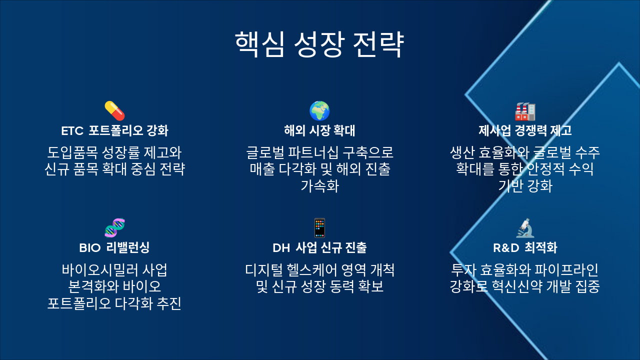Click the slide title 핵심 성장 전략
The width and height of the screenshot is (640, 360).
(319, 45)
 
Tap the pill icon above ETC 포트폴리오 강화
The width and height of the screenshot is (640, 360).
(114, 110)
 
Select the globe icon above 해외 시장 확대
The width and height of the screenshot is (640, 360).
(319, 110)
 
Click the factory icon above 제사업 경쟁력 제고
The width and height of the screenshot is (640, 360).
(525, 110)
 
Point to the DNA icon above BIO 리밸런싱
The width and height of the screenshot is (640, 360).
(114, 227)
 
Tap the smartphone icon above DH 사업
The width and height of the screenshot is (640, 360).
(319, 227)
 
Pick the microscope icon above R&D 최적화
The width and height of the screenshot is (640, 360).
(525, 227)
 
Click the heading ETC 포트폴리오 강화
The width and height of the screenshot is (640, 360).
(114, 131)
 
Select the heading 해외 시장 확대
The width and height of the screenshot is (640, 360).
(319, 131)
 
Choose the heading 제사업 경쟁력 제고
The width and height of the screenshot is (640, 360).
(525, 131)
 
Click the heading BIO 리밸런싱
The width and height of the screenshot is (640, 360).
(114, 247)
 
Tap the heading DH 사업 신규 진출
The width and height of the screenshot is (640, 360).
(319, 247)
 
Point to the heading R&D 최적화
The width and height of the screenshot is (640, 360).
(525, 247)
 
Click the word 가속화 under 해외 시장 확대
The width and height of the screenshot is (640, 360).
(319, 186)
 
